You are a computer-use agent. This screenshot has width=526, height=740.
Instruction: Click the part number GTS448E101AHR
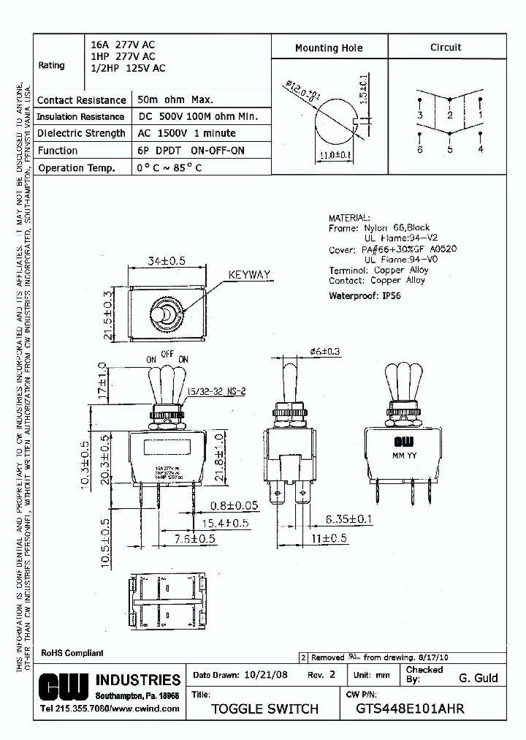pyautogui.click(x=410, y=709)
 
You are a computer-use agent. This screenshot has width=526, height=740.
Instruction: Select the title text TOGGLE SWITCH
pyautogui.click(x=264, y=709)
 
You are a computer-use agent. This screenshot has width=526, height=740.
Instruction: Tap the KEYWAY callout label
pyautogui.click(x=249, y=276)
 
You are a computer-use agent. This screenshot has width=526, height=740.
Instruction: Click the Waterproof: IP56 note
pyautogui.click(x=365, y=295)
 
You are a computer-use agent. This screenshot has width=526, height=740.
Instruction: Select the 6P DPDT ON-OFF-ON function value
pyautogui.click(x=191, y=151)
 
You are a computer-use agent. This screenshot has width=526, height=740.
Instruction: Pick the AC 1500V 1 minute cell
pyautogui.click(x=187, y=134)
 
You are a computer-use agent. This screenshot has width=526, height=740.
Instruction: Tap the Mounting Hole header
pyautogui.click(x=328, y=48)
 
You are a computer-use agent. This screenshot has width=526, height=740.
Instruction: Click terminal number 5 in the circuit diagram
pyautogui.click(x=450, y=149)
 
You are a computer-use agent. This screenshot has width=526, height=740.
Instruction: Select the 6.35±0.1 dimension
pyautogui.click(x=356, y=519)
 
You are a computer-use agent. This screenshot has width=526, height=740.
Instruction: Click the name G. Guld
pyautogui.click(x=478, y=678)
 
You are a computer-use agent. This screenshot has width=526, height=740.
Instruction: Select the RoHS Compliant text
pyautogui.click(x=72, y=653)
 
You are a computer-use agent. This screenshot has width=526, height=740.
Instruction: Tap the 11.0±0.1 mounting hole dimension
pyautogui.click(x=336, y=154)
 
